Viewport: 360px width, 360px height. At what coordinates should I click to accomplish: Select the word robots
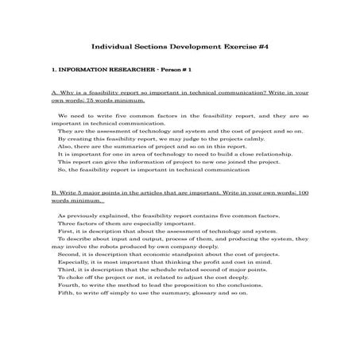(x=118, y=246)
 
